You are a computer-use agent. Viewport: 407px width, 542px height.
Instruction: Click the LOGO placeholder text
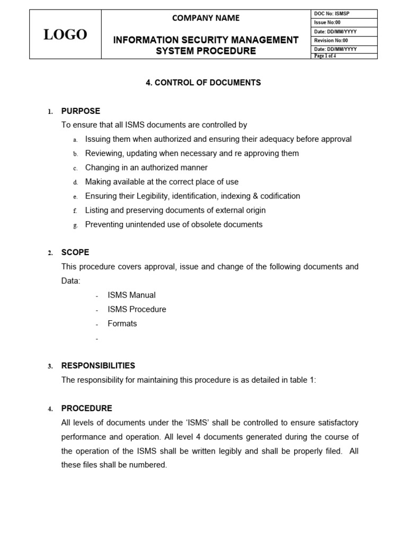tap(65, 34)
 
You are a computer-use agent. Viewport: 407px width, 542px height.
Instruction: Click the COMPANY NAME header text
tap(206, 18)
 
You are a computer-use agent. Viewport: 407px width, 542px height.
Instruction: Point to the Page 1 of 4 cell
tap(325, 56)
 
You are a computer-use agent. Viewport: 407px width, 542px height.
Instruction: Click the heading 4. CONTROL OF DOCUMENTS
tap(203, 83)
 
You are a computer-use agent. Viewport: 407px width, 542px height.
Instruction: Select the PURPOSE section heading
tap(81, 111)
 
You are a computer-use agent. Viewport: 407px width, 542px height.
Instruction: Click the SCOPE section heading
tap(75, 252)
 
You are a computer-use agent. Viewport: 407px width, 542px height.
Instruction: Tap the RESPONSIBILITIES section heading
tap(98, 366)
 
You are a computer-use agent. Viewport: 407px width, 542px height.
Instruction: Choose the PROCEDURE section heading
tap(87, 409)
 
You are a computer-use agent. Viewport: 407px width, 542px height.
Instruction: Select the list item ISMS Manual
tap(131, 295)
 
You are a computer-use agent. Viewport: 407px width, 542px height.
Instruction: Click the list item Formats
tap(122, 323)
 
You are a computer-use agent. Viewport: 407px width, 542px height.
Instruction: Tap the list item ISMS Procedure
tap(137, 309)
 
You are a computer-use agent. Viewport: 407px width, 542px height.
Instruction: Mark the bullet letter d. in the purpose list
tap(76, 182)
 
